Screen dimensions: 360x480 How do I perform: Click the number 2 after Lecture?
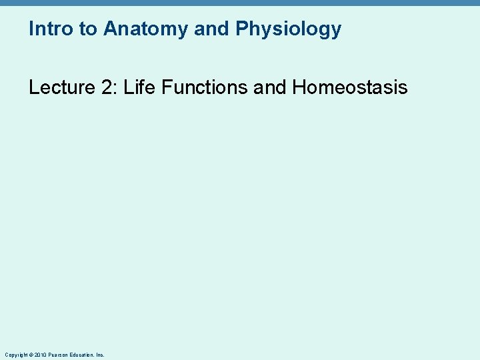107,87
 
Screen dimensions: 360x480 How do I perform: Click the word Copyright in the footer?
16,355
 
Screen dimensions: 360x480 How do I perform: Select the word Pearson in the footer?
57,355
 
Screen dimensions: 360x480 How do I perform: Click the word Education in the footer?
81,355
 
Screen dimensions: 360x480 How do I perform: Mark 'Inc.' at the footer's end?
100,355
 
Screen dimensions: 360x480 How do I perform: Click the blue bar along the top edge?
240,3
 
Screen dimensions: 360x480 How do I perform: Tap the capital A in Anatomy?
110,29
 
